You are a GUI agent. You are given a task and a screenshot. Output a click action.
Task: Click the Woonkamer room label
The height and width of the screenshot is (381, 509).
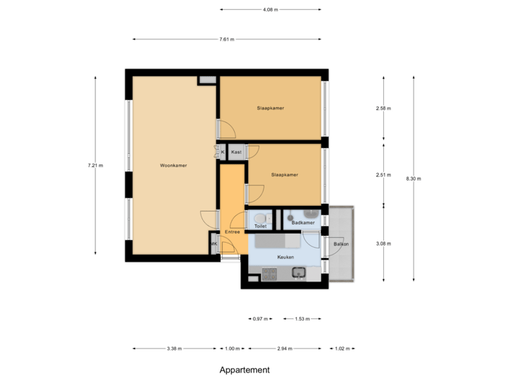(x=173, y=166)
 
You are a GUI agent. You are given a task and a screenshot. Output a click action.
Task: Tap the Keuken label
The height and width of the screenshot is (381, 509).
(x=286, y=258)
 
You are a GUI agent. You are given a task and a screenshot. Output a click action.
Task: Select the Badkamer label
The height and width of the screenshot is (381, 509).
(x=303, y=223)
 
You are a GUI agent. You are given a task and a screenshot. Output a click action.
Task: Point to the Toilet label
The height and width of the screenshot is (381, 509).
(x=260, y=226)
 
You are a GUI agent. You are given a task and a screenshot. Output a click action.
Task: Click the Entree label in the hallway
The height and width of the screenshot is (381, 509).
(x=233, y=231)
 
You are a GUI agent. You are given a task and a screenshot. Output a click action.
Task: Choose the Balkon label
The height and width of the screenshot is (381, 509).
(x=341, y=244)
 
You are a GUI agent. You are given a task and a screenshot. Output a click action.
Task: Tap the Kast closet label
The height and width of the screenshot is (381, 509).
(x=236, y=152)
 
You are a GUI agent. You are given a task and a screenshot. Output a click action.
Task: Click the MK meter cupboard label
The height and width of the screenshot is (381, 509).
(x=213, y=245)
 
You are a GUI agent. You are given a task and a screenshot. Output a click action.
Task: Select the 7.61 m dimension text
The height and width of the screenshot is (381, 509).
(x=227, y=40)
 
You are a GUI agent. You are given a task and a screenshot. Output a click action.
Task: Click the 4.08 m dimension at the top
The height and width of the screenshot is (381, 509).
(x=270, y=10)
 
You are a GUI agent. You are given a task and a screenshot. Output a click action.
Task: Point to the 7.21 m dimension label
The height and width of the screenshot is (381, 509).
(x=95, y=166)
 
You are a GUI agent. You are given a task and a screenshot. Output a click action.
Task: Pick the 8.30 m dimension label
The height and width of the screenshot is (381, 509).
(x=414, y=179)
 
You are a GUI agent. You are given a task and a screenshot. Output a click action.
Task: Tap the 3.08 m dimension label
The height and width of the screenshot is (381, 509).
(x=383, y=243)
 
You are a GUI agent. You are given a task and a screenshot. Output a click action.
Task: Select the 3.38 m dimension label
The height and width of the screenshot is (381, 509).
(x=174, y=349)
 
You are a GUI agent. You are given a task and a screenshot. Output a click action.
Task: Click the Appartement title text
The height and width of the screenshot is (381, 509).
(x=245, y=370)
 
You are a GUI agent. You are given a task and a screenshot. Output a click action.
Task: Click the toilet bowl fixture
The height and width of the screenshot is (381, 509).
(x=260, y=217)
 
